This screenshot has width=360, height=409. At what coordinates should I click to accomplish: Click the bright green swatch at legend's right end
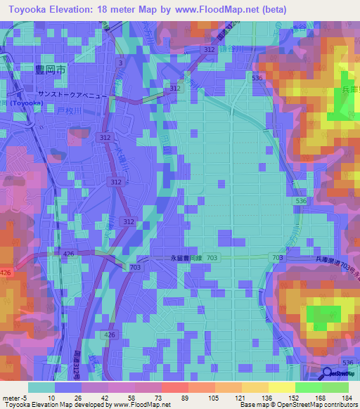click(335, 387)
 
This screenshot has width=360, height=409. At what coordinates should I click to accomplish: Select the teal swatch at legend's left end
click(41, 387)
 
